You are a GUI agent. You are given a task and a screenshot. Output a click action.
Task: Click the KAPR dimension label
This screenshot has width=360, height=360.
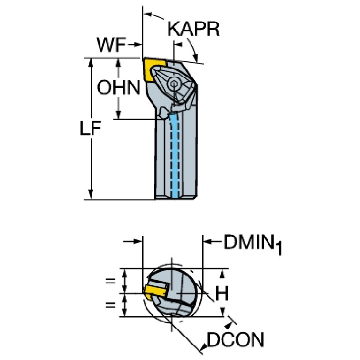(193, 29)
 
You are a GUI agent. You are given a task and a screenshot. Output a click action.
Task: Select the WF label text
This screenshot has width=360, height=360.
(111, 45)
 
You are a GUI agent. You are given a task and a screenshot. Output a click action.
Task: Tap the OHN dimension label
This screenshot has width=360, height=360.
(118, 87)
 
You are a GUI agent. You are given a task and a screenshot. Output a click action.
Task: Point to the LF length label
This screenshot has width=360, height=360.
(90, 128)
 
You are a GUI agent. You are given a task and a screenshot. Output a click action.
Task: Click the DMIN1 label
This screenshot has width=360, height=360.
(253, 244)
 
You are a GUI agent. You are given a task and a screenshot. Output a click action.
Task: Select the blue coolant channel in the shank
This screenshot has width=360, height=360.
(176, 156)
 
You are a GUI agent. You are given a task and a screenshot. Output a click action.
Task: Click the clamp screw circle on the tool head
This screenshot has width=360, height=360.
(174, 84)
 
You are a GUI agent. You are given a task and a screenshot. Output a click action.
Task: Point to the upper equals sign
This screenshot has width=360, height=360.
(110, 281)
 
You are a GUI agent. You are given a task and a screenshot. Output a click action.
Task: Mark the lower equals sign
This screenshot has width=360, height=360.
(110, 305)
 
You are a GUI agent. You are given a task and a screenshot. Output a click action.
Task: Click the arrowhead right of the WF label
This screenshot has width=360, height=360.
(138, 45)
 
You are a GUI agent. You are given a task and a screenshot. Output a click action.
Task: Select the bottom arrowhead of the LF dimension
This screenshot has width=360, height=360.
(91, 194)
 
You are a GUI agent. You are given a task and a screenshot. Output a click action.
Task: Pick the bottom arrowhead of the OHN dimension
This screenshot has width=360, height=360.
(118, 115)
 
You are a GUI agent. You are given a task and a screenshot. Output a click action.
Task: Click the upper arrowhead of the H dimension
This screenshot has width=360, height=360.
(222, 274)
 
